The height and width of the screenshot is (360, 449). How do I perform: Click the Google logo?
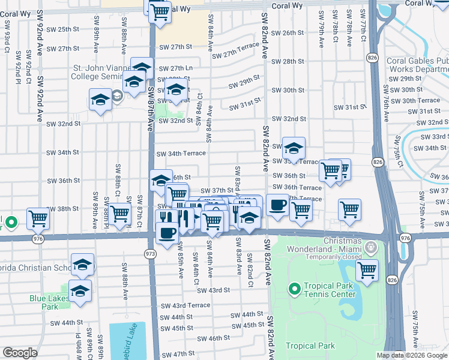pos(20,353)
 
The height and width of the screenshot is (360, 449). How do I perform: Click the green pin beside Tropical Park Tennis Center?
pos(294,290)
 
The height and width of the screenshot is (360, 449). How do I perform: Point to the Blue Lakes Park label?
pos(45,302)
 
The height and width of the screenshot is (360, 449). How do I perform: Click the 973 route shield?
pos(151,254)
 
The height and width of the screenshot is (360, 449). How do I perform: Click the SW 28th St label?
pos(288,61)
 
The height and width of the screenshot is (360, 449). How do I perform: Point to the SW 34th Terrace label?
pos(181,154)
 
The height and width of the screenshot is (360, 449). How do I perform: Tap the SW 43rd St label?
pos(215,290)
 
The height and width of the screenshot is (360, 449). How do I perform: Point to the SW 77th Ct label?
pos(364,31)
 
